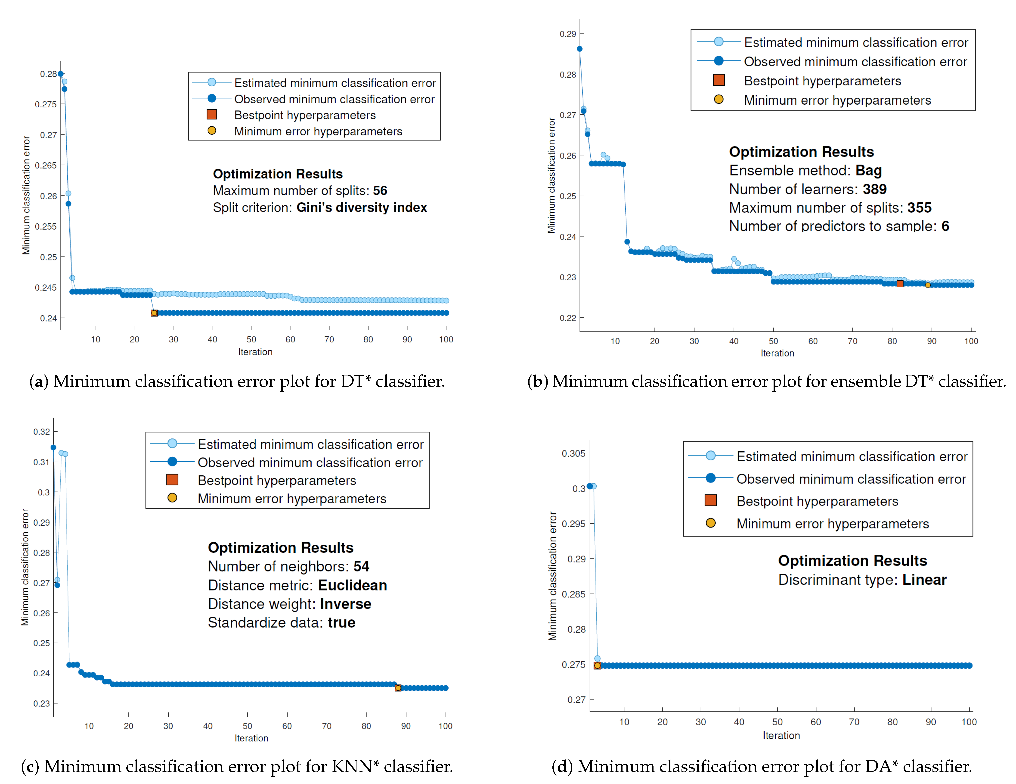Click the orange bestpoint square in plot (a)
[x=154, y=313]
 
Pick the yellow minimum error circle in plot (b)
[x=928, y=285]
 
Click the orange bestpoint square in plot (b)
[x=900, y=284]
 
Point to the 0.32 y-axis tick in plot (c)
[x=41, y=431]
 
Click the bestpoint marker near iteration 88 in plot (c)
[x=398, y=688]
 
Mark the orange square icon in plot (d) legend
[x=710, y=500]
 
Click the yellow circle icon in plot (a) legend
[x=212, y=131]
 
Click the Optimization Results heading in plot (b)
[x=801, y=152]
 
